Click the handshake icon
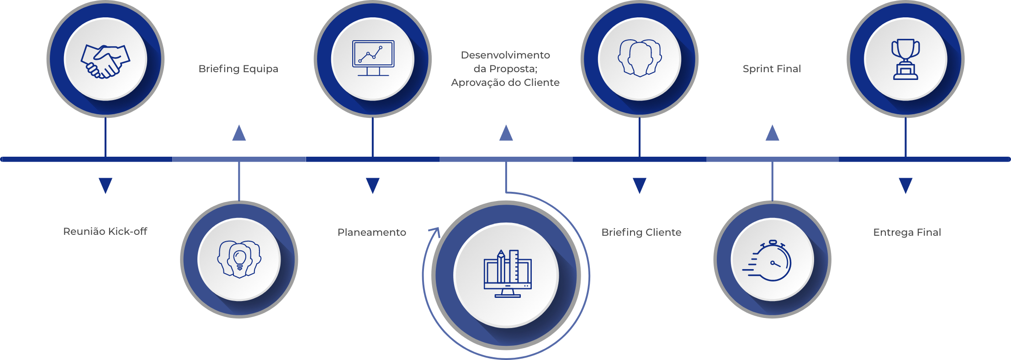click(106, 61)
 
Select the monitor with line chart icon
click(373, 58)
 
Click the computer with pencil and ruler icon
click(507, 274)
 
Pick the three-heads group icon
click(640, 58)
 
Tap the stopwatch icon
click(769, 261)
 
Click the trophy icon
click(905, 59)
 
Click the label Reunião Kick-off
click(105, 232)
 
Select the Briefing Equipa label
click(238, 69)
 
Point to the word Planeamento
click(372, 233)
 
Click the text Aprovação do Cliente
click(505, 83)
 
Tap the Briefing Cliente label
click(641, 233)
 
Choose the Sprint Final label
click(772, 69)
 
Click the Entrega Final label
click(907, 233)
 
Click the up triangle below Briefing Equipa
click(239, 134)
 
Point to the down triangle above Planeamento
click(373, 185)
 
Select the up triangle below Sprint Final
click(772, 134)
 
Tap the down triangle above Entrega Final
click(905, 185)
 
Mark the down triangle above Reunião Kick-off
click(106, 185)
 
